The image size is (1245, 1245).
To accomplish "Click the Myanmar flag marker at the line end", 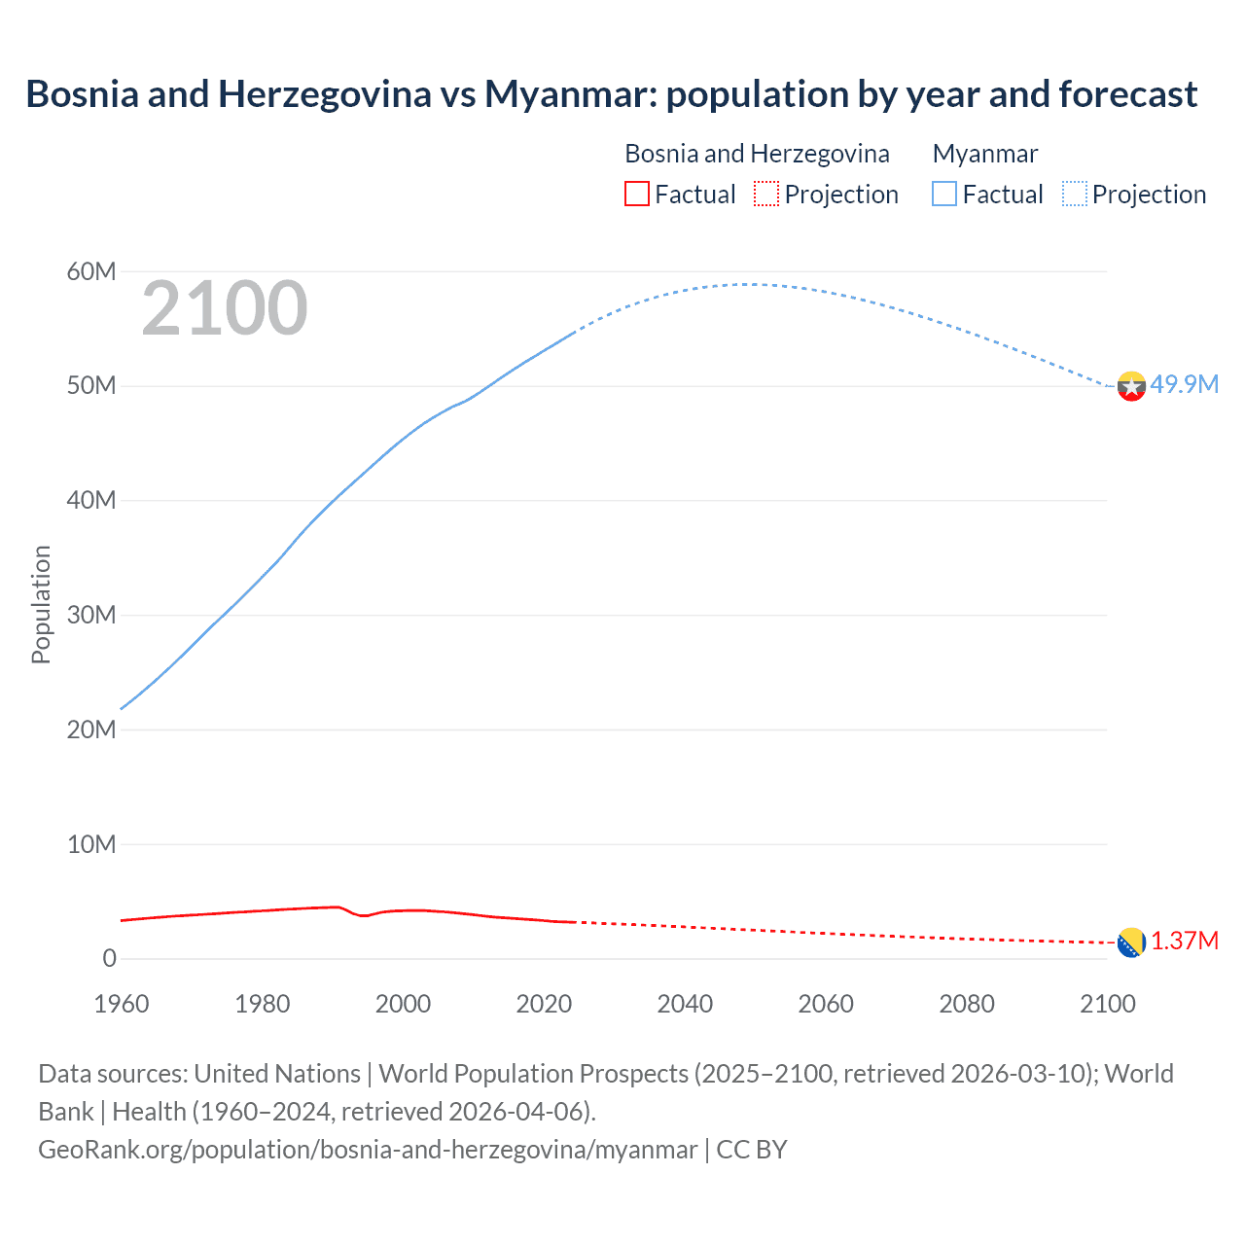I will (1131, 386).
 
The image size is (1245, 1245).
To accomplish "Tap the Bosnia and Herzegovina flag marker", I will (1131, 943).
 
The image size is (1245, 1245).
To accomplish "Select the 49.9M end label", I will (1184, 384).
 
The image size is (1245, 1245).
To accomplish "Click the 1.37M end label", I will (1185, 941).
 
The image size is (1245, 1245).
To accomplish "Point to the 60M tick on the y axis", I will (90, 271).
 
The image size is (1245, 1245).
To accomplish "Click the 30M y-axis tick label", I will (90, 615).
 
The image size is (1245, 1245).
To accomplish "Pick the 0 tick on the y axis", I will (109, 958).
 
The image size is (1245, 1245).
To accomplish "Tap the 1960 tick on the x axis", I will (122, 1003).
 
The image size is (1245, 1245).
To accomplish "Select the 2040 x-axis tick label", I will (685, 1003).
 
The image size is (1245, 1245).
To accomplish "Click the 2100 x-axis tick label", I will (1107, 1003).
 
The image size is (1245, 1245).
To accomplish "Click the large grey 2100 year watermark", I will (225, 308).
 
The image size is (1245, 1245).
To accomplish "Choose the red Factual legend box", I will (636, 195).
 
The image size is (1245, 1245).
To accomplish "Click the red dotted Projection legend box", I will (766, 195).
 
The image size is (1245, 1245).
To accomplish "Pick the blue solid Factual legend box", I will (944, 195).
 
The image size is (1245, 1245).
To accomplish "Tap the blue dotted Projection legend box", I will (1075, 195).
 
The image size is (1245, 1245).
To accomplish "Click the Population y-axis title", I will (41, 604).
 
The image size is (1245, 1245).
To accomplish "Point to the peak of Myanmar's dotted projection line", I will (744, 284).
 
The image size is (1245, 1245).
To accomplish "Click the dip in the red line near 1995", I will (365, 916).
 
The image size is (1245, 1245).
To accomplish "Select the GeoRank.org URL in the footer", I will (368, 1149).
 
